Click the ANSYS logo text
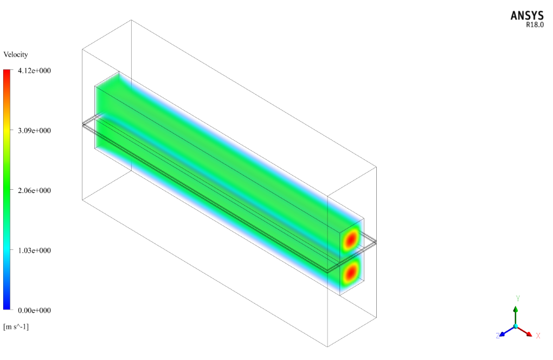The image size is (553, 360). [527, 16]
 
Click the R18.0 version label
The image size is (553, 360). [535, 25]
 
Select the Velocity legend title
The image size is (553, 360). [16, 54]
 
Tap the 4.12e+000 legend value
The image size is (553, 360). [34, 70]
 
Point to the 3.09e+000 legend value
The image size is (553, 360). [34, 131]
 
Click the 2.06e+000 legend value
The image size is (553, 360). [34, 190]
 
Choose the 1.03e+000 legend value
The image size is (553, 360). [34, 250]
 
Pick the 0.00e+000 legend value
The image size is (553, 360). [34, 310]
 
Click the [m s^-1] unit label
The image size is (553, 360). [16, 326]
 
